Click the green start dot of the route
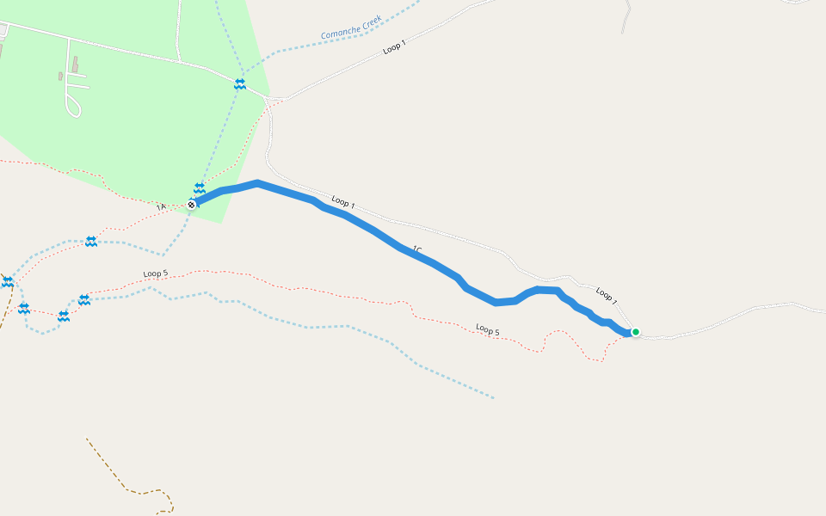[x=636, y=332]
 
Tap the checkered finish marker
[x=192, y=205]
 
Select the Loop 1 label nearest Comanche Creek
[x=395, y=48]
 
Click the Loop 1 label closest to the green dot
[x=607, y=296]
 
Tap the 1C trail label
[x=417, y=250]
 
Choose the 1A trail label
[x=161, y=207]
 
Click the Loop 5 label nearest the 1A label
[x=156, y=273]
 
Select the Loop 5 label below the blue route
[x=488, y=329]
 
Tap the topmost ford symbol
[x=240, y=83]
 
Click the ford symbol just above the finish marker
[x=200, y=187]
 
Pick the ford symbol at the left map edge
[x=8, y=281]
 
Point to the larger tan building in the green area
[x=75, y=64]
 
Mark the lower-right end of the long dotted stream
[x=492, y=397]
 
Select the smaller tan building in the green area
[x=60, y=77]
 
